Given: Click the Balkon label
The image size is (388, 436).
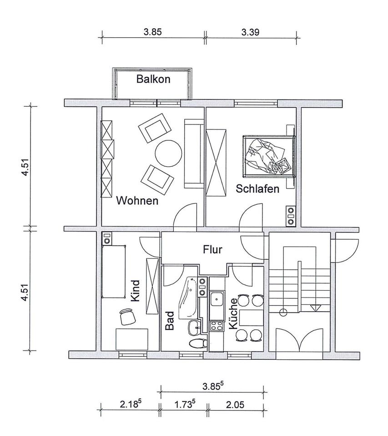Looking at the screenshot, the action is pyautogui.click(x=153, y=79).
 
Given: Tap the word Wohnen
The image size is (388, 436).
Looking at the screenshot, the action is pyautogui.click(x=137, y=200).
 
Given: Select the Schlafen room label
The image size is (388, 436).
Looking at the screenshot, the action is pyautogui.click(x=257, y=189).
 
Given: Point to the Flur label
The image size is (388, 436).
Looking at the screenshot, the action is pyautogui.click(x=212, y=249).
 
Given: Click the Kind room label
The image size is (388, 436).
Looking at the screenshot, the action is pyautogui.click(x=135, y=291).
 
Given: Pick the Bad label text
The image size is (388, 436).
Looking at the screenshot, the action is pyautogui.click(x=170, y=321).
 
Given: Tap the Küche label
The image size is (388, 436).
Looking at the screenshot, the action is pyautogui.click(x=233, y=314).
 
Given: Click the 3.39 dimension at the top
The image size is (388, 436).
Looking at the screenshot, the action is pyautogui.click(x=250, y=32).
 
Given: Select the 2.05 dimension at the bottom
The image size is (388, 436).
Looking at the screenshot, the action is pyautogui.click(x=235, y=405).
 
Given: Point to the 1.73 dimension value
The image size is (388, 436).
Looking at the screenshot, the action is pyautogui.click(x=183, y=405).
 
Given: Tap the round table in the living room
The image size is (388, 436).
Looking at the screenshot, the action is pyautogui.click(x=168, y=154).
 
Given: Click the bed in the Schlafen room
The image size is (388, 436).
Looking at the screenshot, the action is pyautogui.click(x=268, y=156).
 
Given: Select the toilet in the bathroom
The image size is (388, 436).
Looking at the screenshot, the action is pyautogui.click(x=198, y=343).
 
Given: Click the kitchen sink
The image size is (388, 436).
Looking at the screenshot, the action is pyautogui.click(x=217, y=299).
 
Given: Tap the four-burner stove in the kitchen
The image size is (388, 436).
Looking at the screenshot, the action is pyautogui.click(x=217, y=326).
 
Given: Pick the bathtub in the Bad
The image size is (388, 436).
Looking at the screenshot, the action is pyautogui.click(x=188, y=297).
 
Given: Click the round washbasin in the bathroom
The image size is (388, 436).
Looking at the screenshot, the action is pyautogui.click(x=195, y=328).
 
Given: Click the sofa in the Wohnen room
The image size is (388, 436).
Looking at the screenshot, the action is pyautogui.click(x=194, y=154).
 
